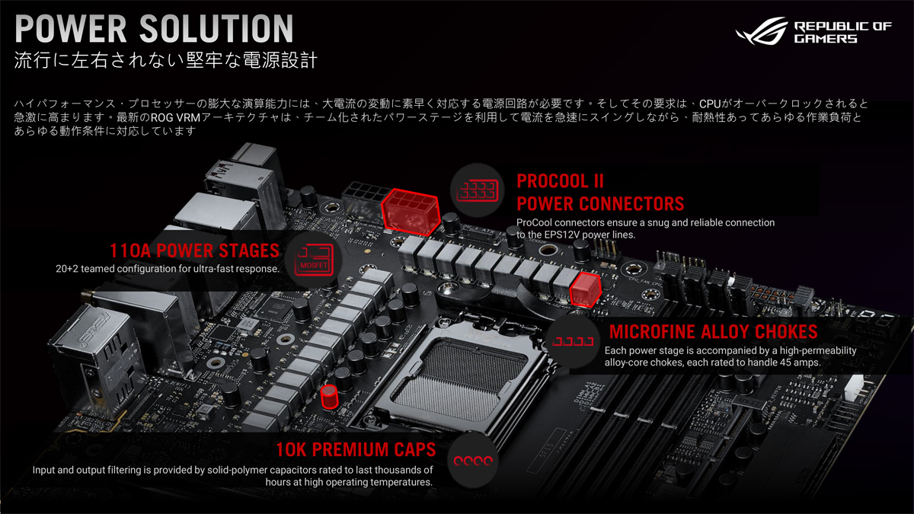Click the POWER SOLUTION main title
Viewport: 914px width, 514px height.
154,29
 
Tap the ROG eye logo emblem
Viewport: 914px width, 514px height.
762,31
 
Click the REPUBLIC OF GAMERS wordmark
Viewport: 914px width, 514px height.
842,33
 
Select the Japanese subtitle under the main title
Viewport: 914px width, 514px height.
166,60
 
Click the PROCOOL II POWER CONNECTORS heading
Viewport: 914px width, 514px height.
600,193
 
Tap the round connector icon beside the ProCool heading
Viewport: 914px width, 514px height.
477,190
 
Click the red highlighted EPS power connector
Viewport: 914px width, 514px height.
411,212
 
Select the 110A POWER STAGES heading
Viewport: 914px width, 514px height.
195,251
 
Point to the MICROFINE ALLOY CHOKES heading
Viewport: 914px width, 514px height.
713,332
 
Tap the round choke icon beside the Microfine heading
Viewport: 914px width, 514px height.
573,341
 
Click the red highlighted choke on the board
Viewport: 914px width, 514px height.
585,289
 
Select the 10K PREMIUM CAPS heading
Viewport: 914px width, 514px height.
356,449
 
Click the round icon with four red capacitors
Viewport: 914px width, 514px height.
473,461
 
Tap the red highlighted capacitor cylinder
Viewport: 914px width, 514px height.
329,397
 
